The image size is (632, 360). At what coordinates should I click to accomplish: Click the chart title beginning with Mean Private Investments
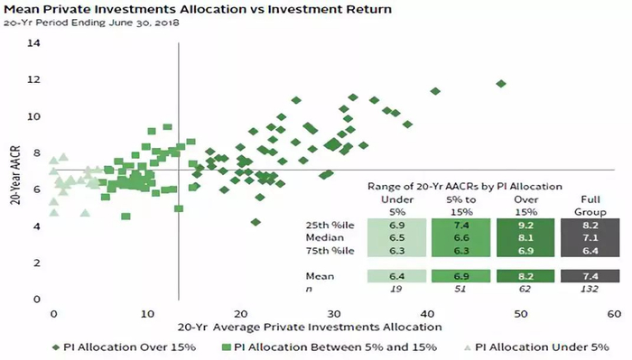tap(198, 9)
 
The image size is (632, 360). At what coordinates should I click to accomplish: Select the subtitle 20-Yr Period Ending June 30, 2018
tap(91, 23)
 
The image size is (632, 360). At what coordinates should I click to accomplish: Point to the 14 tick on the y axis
tap(34, 42)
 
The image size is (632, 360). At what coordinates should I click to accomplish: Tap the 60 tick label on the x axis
tap(614, 314)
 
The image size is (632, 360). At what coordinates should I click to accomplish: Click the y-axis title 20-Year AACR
tap(15, 175)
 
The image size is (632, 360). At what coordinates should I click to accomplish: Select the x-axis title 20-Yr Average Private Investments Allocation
tap(310, 327)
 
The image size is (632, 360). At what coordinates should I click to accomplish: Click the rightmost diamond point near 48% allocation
tap(501, 84)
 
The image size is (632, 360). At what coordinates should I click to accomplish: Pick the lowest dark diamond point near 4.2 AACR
tap(256, 222)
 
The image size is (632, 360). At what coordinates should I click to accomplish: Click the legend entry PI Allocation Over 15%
tap(125, 347)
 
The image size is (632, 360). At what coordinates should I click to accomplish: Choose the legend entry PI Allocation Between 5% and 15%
tap(330, 347)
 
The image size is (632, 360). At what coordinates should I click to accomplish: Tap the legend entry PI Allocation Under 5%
tap(537, 347)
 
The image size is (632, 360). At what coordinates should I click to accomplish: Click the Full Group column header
tap(590, 206)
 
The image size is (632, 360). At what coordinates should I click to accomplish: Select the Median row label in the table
tap(325, 237)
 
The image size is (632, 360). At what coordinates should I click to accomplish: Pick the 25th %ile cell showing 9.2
tap(525, 225)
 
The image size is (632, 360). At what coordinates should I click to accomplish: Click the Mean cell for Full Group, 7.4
tap(590, 276)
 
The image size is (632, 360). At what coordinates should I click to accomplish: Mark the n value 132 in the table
tap(590, 289)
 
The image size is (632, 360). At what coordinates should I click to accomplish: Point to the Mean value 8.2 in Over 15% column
tap(525, 276)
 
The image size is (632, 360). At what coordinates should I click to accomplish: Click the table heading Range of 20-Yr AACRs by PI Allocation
tap(465, 187)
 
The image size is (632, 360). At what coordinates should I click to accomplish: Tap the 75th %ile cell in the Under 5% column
tap(396, 251)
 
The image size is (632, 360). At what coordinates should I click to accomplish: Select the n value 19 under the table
tap(396, 289)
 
